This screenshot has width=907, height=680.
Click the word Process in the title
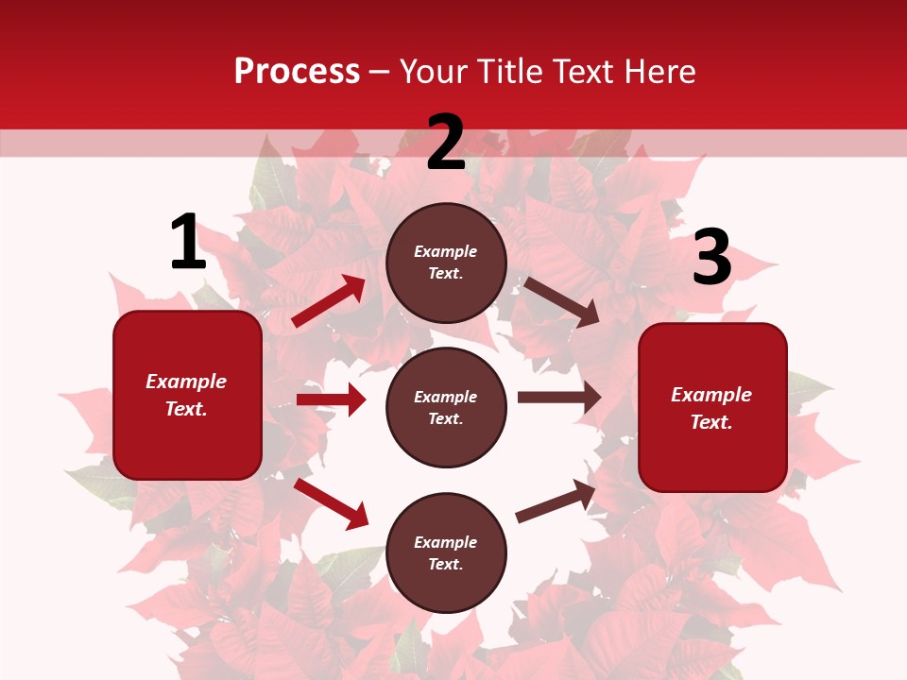click(x=297, y=72)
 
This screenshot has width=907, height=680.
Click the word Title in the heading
click(x=508, y=72)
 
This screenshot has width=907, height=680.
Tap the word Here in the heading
click(x=659, y=72)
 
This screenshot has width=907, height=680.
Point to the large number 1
click(x=188, y=242)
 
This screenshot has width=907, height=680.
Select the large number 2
click(x=446, y=143)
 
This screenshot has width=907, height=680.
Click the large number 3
click(x=711, y=257)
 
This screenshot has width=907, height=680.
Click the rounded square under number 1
click(x=187, y=395)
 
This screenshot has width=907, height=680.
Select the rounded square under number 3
click(x=712, y=407)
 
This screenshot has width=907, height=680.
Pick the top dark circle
click(x=446, y=263)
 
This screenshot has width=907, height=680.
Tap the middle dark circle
click(x=446, y=407)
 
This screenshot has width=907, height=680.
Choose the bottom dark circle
click(x=446, y=552)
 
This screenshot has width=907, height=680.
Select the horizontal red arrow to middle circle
click(x=331, y=399)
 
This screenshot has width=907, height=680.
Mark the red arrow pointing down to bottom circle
click(x=331, y=503)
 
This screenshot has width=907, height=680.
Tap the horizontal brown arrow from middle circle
click(x=559, y=398)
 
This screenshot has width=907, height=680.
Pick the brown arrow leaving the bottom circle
click(x=556, y=501)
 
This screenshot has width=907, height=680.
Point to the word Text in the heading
click(x=584, y=72)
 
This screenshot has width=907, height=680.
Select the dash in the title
click(x=379, y=73)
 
